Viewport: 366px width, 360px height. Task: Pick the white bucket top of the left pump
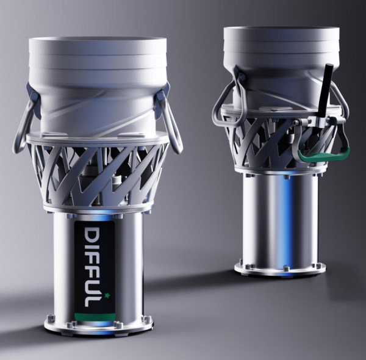pyautogui.click(x=98, y=79)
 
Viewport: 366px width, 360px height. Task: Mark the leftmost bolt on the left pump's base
pyautogui.click(x=48, y=319)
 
